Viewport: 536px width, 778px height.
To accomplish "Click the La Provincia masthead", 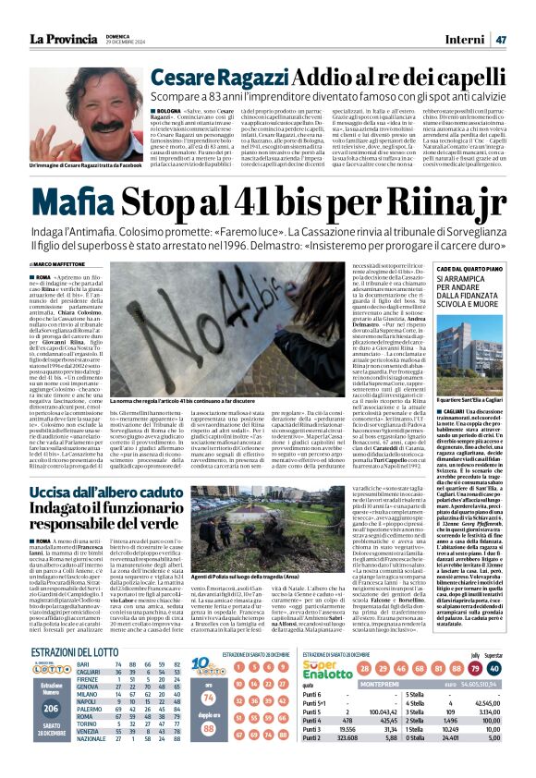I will click(64, 39).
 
